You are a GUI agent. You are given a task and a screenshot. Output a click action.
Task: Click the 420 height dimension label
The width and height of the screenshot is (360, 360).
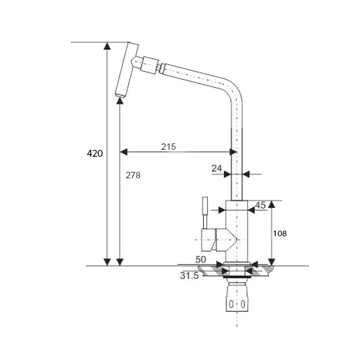[95, 153]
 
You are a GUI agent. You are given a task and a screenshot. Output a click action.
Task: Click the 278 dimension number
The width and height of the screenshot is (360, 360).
[133, 175]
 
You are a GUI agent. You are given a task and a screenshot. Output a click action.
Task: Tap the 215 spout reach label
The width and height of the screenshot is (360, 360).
[168, 147]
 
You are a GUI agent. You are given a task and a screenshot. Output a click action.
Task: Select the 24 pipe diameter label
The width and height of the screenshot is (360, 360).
[217, 168]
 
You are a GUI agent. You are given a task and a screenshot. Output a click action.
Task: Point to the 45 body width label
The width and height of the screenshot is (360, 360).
[260, 205]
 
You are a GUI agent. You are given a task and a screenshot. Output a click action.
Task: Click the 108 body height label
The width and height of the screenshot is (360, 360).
[280, 233]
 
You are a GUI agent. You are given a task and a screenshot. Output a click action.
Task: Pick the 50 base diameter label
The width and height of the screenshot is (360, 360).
[201, 260]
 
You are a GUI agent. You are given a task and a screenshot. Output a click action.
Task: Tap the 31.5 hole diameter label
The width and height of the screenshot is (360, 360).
[189, 276]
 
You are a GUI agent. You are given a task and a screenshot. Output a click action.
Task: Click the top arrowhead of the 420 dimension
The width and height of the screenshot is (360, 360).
[107, 46]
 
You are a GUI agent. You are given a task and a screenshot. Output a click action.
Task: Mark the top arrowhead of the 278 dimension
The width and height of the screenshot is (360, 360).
[120, 100]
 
